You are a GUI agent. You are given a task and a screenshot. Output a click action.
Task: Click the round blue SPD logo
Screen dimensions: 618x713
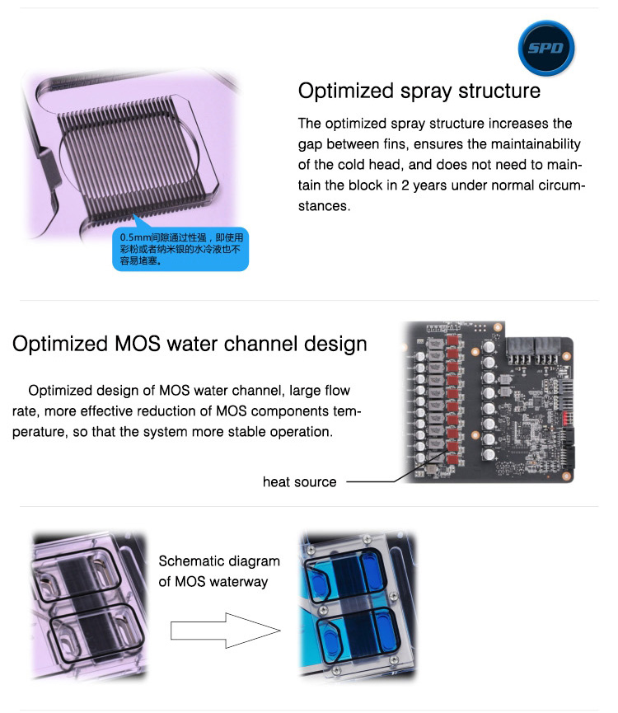(546, 48)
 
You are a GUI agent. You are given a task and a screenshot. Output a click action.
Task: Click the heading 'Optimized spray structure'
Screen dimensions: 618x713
(419, 91)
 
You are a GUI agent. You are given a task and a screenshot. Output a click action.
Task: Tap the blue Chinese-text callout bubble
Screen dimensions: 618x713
(180, 249)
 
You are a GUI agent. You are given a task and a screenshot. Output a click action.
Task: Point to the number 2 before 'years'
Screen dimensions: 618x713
(405, 185)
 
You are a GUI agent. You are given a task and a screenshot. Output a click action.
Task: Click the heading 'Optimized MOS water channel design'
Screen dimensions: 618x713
(190, 345)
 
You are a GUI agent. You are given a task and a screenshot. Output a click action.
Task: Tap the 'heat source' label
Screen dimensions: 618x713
(299, 482)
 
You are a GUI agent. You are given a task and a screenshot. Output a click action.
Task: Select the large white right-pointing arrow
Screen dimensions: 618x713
(226, 631)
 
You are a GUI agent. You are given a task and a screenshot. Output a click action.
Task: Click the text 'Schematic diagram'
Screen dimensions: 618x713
(219, 561)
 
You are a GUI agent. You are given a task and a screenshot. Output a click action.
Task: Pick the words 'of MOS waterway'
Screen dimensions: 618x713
(213, 582)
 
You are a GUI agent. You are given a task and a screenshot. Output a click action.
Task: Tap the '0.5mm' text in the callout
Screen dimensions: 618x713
(131, 237)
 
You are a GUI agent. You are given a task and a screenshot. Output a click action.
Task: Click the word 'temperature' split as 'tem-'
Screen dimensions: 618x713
(347, 411)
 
